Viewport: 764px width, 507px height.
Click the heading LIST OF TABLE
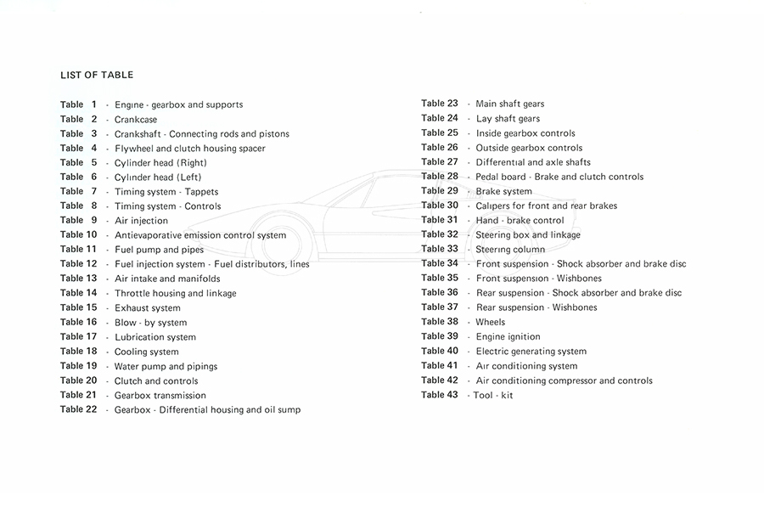click(97, 75)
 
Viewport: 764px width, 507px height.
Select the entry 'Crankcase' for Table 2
click(136, 120)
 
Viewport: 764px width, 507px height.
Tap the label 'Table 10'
click(78, 235)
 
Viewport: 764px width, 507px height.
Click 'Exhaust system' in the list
click(148, 308)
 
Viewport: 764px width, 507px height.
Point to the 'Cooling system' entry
click(147, 352)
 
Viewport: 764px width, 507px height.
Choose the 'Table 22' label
click(78, 409)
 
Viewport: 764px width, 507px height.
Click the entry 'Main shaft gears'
click(510, 104)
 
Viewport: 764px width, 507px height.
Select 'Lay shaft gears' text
click(508, 119)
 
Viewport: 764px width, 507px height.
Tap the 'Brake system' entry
click(504, 192)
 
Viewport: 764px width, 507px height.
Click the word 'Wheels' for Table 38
click(491, 322)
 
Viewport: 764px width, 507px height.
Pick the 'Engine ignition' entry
click(508, 336)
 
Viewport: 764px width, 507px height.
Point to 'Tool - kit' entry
click(493, 395)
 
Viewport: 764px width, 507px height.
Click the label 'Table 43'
click(440, 395)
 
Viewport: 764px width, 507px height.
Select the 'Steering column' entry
click(510, 250)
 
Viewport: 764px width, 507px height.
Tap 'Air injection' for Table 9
click(142, 221)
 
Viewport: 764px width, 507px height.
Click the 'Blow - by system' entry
click(151, 323)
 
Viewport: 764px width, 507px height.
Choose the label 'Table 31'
click(440, 220)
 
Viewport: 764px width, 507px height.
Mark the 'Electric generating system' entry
click(531, 352)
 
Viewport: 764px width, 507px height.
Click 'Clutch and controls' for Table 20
click(156, 381)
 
